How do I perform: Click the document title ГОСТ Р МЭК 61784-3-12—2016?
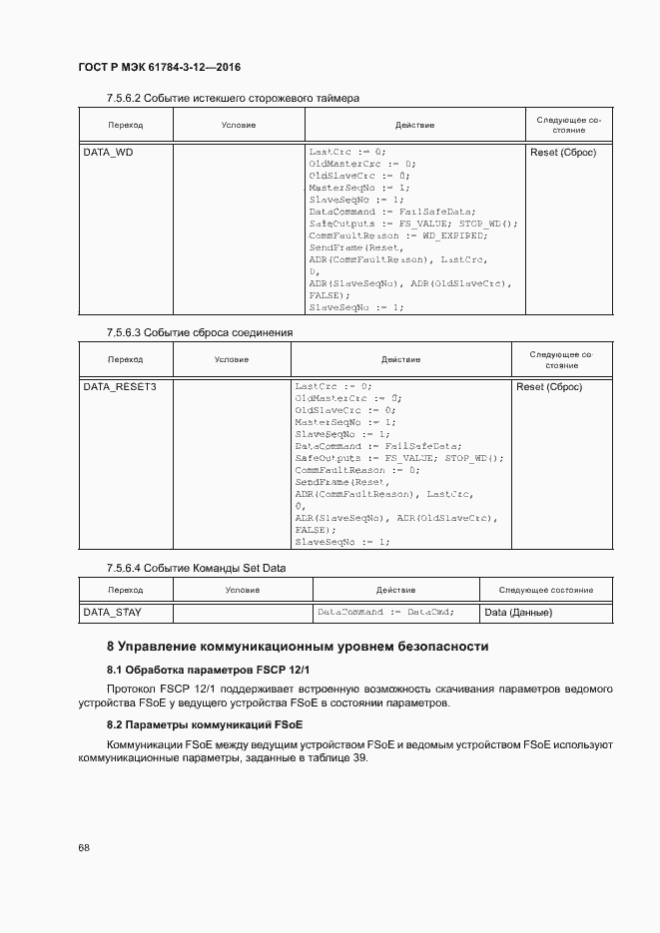tap(160, 67)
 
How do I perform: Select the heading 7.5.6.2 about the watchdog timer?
tap(233, 98)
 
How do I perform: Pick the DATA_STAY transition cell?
tap(111, 612)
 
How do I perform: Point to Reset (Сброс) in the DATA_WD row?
tap(563, 153)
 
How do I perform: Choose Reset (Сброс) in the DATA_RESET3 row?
tap(549, 386)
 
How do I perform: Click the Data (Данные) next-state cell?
tap(518, 613)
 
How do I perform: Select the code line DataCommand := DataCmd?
tap(385, 612)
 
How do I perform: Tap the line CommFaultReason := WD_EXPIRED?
tap(398, 235)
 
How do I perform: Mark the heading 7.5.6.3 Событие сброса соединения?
tap(200, 332)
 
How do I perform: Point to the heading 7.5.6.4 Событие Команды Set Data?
tap(196, 568)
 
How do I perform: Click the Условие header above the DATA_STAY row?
tap(242, 591)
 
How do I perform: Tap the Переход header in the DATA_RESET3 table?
tap(126, 359)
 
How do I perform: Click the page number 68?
tap(84, 847)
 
